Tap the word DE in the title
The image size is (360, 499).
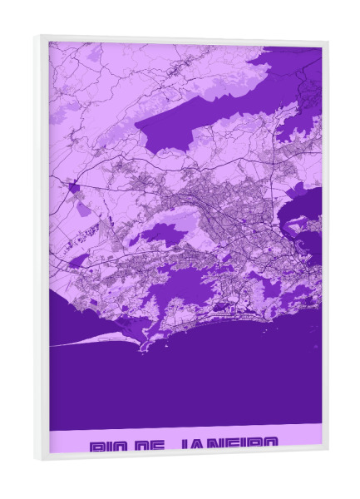150,447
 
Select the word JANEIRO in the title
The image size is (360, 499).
226,447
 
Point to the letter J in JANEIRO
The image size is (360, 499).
184,447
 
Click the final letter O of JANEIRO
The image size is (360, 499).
267,447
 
